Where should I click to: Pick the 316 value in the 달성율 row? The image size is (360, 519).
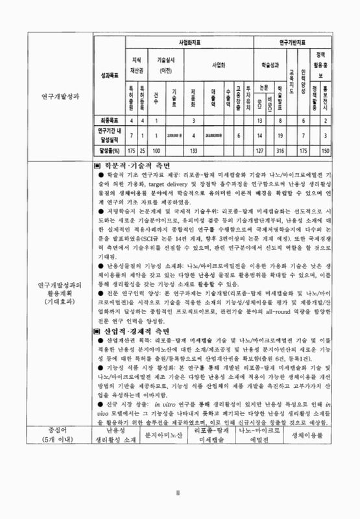(x=280, y=151)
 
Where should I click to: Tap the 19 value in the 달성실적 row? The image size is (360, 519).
(x=280, y=135)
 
